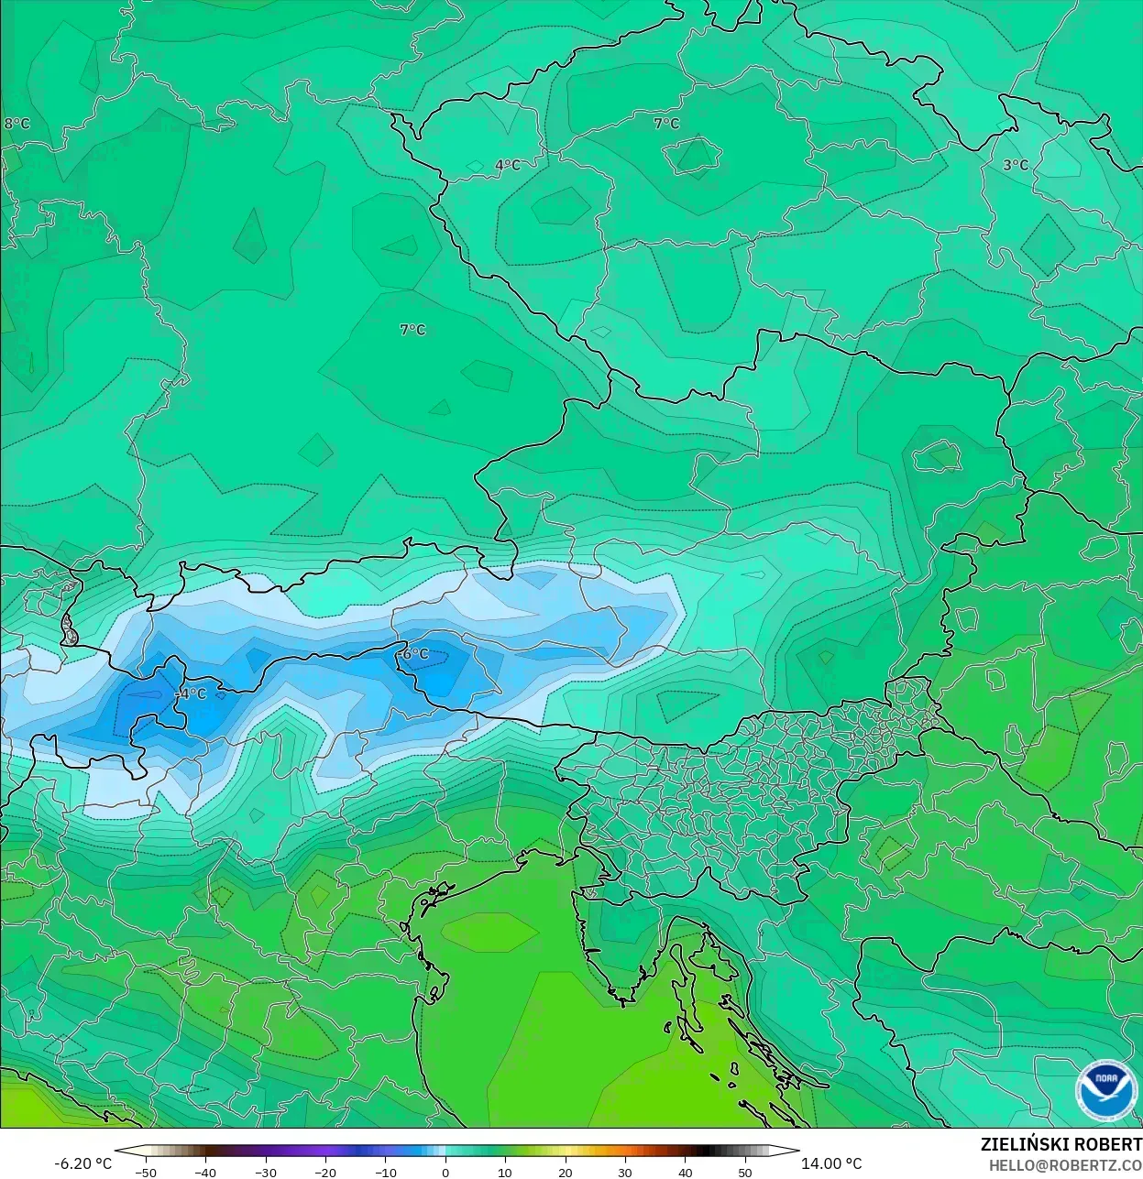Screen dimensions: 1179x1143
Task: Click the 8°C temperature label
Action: click(16, 124)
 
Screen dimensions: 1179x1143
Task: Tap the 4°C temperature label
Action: click(507, 166)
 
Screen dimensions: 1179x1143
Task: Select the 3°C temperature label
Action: click(1015, 166)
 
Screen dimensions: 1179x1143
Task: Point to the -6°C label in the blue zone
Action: click(415, 654)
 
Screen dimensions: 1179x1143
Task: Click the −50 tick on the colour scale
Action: click(145, 1173)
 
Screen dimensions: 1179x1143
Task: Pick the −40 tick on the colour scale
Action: click(205, 1173)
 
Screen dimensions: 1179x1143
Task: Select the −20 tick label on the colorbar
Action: click(325, 1173)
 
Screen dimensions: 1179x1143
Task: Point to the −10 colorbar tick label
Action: click(385, 1173)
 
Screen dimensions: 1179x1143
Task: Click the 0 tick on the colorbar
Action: click(445, 1173)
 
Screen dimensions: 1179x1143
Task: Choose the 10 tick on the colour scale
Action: click(505, 1173)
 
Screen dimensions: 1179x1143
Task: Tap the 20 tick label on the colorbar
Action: click(565, 1173)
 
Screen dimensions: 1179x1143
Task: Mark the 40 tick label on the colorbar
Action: click(685, 1173)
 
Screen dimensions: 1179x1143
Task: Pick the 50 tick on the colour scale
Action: click(744, 1173)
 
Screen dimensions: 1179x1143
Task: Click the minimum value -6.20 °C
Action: click(82, 1163)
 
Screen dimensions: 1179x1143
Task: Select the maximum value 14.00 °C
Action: click(831, 1163)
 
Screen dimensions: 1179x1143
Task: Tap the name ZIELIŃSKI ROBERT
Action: click(1061, 1144)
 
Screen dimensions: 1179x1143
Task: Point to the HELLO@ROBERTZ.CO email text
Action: click(1065, 1165)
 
